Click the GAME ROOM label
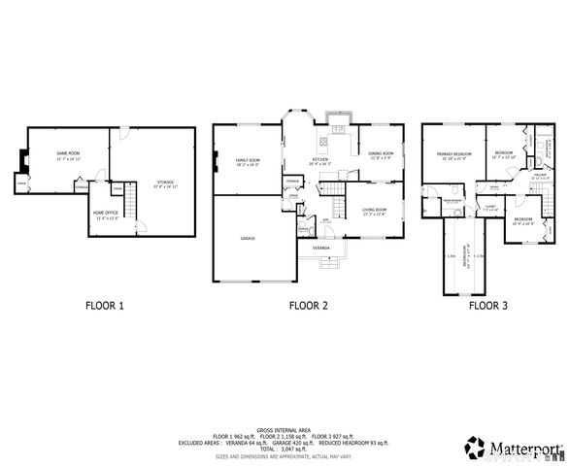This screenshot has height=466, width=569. coord(67,154)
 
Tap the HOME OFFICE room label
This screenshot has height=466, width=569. coord(106,213)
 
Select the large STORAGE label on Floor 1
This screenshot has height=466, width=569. coord(164,182)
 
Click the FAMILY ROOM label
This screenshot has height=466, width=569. coord(249,160)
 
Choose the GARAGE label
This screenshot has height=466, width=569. coord(249,237)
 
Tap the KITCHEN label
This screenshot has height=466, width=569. coord(319,160)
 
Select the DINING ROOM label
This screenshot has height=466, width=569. coord(380,153)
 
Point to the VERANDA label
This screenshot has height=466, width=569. coord(320,249)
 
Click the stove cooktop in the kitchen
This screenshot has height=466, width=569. coord(339,127)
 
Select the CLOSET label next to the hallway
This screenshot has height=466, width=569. coord(490,207)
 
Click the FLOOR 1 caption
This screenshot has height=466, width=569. coord(105,306)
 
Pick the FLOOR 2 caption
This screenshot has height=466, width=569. coord(308,306)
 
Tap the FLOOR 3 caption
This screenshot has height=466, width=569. coord(487,306)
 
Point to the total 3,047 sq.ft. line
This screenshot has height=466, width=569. coord(284,448)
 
